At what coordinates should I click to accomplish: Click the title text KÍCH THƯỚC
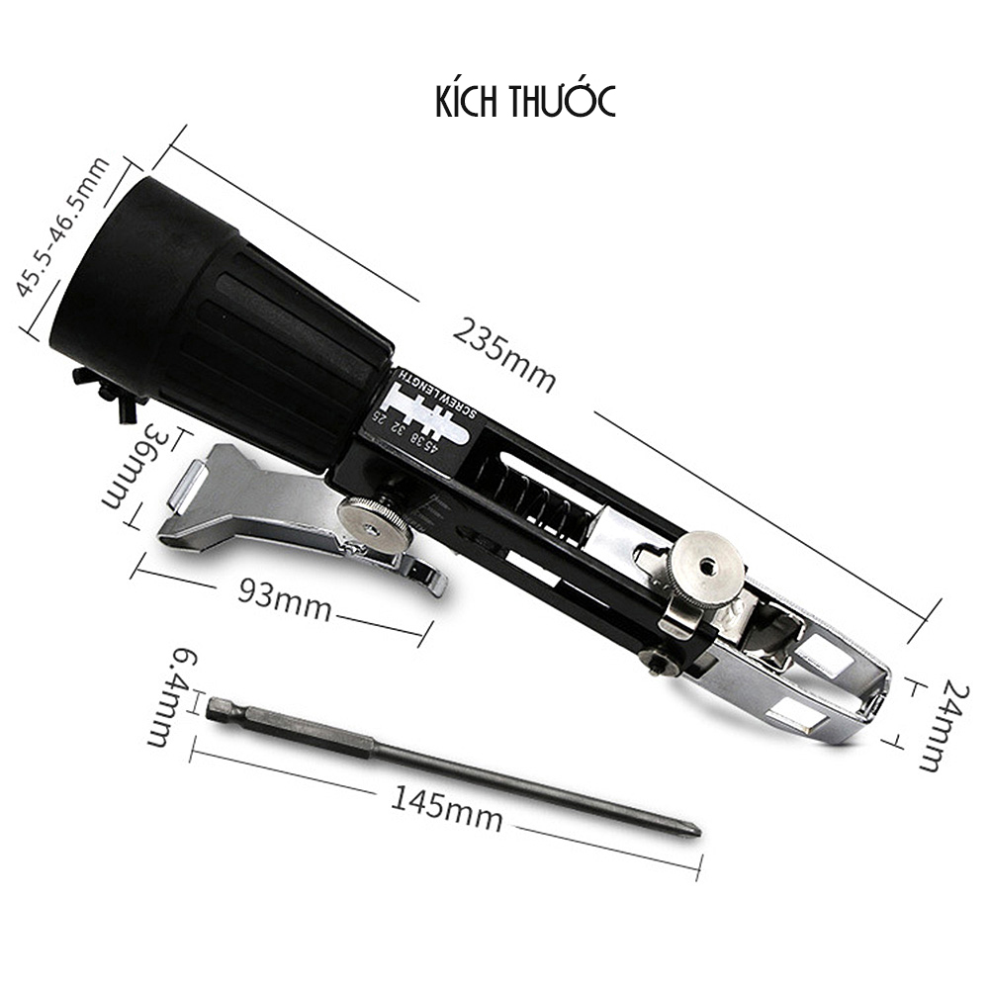tap(525, 101)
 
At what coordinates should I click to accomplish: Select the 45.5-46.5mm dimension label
tap(61, 226)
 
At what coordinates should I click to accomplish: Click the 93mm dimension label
tap(285, 599)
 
